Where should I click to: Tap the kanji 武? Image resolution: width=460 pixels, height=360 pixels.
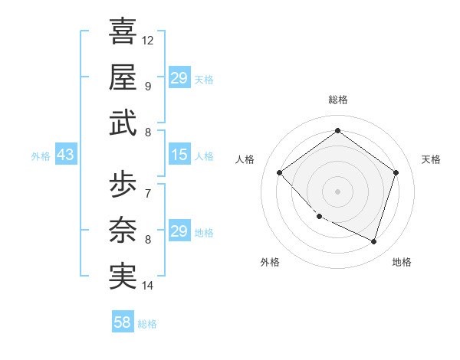(123, 122)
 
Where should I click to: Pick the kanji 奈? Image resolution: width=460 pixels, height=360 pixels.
(123, 230)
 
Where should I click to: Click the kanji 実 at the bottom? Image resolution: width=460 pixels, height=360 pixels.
(123, 276)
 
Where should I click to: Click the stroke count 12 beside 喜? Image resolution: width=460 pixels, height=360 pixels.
(148, 40)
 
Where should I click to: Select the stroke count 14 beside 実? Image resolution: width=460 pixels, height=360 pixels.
(148, 286)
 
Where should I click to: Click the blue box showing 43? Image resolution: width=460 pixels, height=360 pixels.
(65, 155)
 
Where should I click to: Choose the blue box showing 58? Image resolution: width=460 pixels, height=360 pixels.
(123, 322)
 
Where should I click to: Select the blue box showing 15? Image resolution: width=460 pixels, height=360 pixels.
(179, 155)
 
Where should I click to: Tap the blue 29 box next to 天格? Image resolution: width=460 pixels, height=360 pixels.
(179, 78)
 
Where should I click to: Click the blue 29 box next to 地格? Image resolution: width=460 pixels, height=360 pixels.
(179, 231)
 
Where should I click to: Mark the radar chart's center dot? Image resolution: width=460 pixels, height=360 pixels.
(337, 191)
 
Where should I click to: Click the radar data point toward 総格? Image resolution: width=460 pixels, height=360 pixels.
(337, 130)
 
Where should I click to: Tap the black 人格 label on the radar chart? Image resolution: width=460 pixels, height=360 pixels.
(245, 159)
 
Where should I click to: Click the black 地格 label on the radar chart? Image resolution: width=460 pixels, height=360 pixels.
(402, 262)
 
